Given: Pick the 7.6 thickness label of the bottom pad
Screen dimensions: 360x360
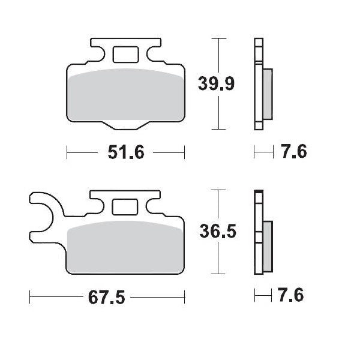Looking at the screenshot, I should pos(292,296).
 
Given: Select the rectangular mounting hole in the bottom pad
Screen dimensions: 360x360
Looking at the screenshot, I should pos(125,206).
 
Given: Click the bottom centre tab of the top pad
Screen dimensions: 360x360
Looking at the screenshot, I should pos(125,124).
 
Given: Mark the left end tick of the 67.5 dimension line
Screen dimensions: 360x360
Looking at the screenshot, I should pos(30,296).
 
